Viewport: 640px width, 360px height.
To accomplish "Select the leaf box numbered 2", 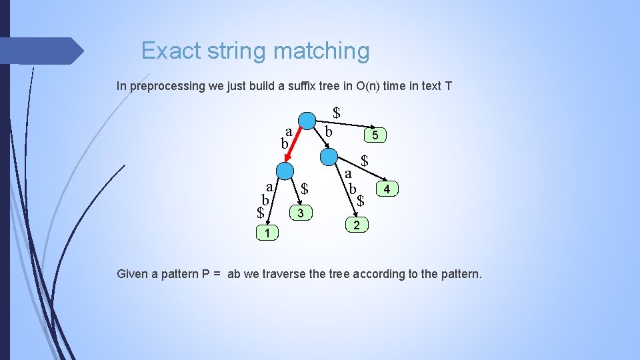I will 357,225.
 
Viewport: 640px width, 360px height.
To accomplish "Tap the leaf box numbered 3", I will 301,213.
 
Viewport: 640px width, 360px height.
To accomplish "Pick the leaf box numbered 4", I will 388,190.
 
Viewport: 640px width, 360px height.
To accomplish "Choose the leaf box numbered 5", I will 375,135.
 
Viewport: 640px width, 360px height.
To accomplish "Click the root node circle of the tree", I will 306,121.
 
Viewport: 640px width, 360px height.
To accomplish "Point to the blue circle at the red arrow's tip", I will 284,171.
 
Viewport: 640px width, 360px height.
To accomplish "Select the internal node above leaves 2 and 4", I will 329,157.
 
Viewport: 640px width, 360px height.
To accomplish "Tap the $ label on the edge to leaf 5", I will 337,113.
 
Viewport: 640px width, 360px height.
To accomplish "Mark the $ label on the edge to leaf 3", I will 304,189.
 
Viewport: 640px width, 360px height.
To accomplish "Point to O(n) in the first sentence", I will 361,86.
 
